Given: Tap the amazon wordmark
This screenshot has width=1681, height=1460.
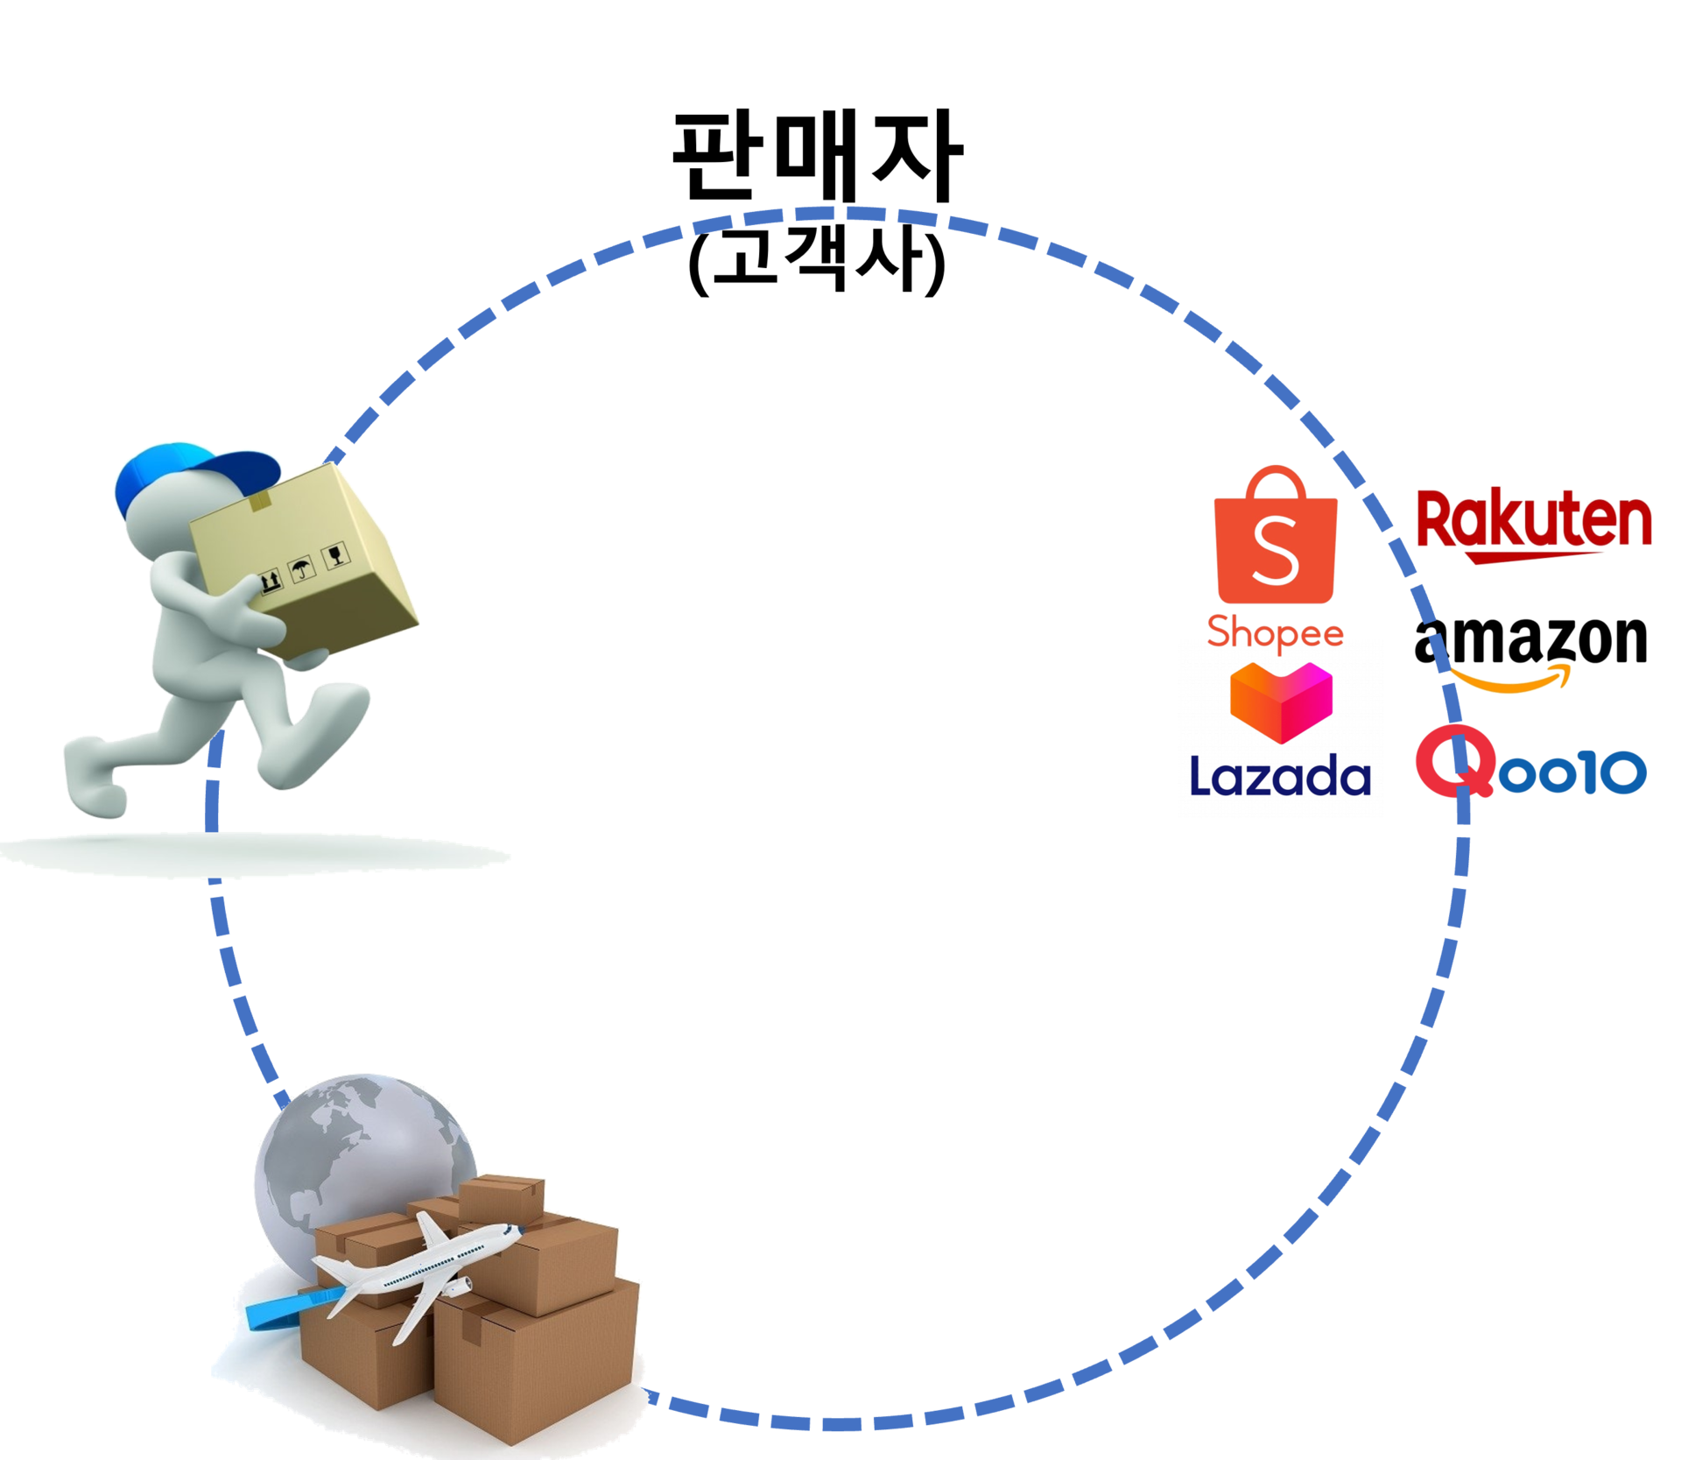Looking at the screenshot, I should [1530, 640].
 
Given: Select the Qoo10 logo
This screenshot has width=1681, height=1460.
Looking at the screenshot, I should [1530, 765].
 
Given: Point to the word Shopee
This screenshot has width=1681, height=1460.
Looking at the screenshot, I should [1276, 631].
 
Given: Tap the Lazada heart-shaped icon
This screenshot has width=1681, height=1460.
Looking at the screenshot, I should [1281, 702].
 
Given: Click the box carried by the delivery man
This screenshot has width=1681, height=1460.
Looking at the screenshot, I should [302, 561].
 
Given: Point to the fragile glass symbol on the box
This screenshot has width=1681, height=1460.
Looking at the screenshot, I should [334, 554].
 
